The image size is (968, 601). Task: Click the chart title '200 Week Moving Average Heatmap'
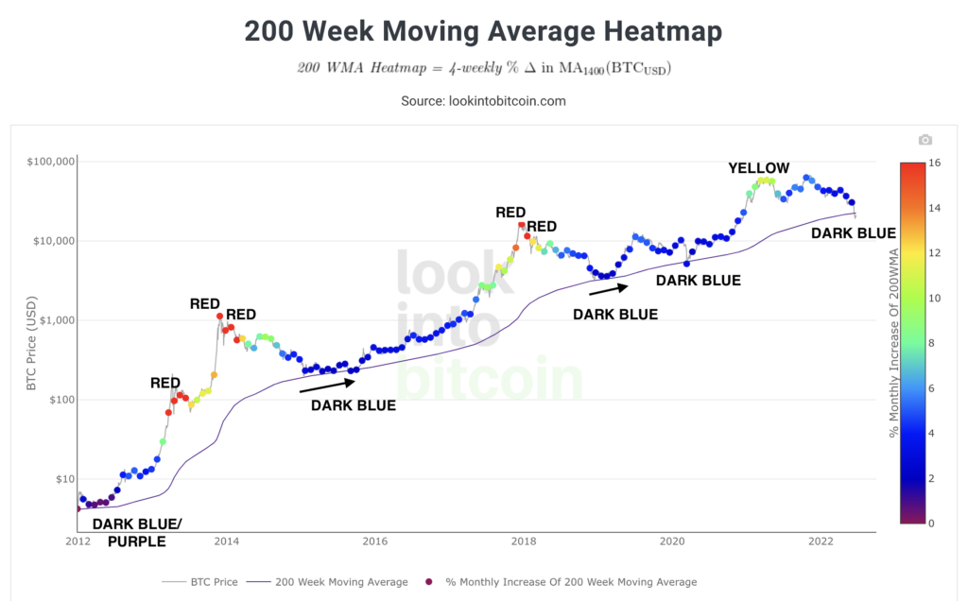click(x=483, y=32)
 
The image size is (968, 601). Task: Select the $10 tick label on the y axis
click(x=62, y=479)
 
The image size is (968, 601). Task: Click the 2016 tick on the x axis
click(x=375, y=542)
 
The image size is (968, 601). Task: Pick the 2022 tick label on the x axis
click(x=820, y=542)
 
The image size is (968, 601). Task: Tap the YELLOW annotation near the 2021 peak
click(x=758, y=168)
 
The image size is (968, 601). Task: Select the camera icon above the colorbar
click(x=925, y=140)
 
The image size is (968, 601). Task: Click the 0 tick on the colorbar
click(x=934, y=523)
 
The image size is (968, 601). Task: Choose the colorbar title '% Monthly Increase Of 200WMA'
click(x=893, y=343)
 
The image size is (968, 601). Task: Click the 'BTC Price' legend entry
click(x=200, y=582)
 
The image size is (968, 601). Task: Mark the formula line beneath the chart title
click(x=483, y=69)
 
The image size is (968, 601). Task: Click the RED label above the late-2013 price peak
click(x=205, y=304)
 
